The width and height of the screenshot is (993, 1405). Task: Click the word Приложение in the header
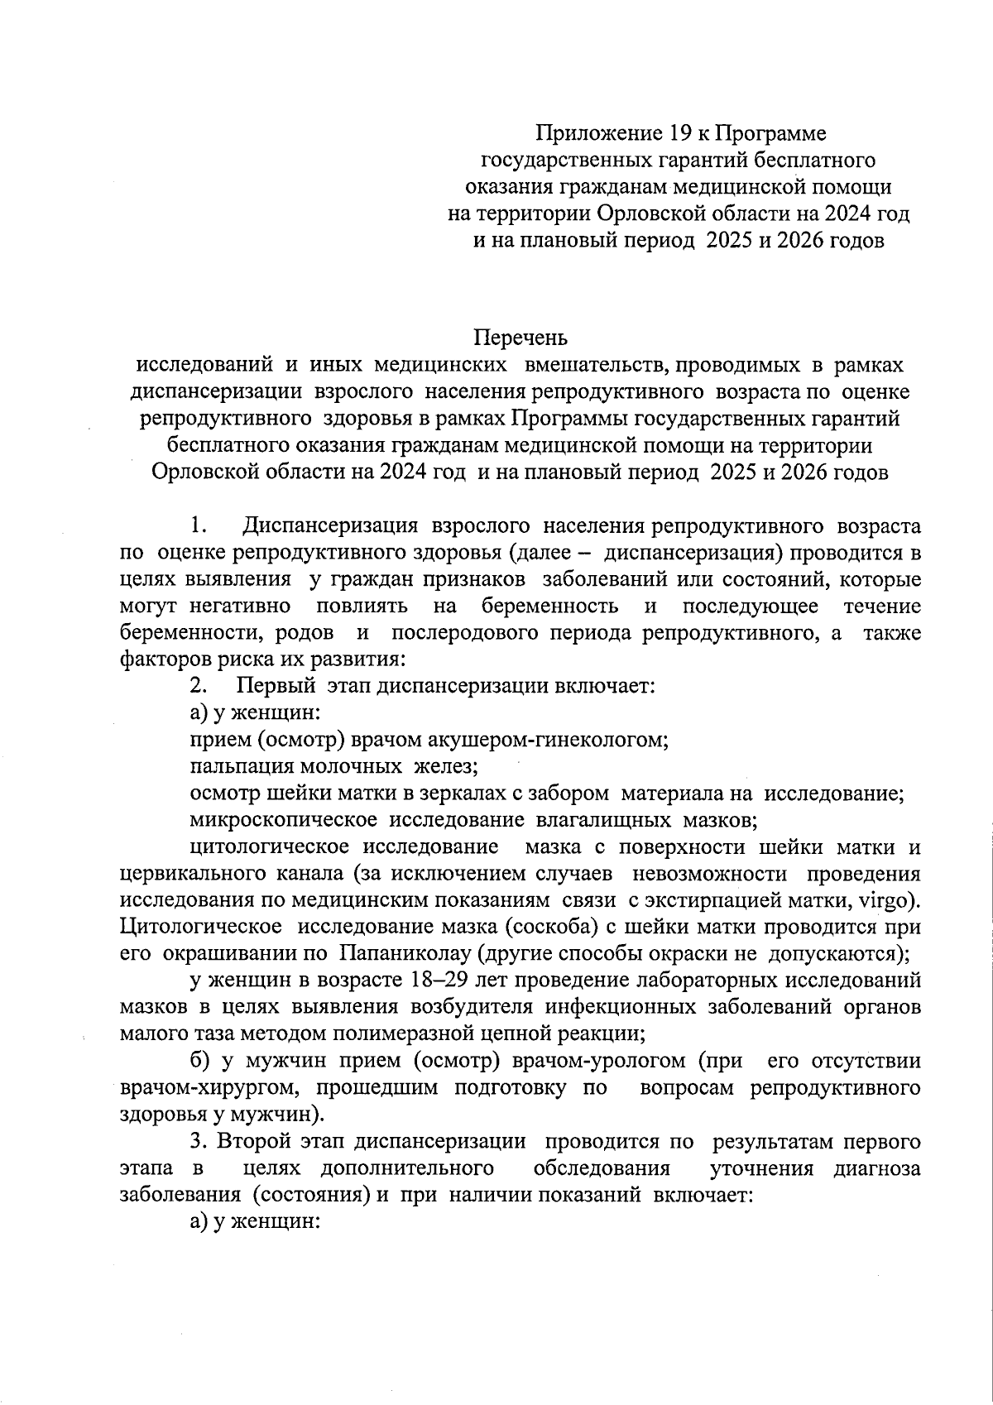[x=597, y=133]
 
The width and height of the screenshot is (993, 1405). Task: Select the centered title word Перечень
[x=521, y=338]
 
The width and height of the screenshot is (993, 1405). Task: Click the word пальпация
[x=233, y=766]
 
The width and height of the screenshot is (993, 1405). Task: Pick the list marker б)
[x=199, y=1061]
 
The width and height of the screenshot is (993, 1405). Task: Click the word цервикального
[x=192, y=873]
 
